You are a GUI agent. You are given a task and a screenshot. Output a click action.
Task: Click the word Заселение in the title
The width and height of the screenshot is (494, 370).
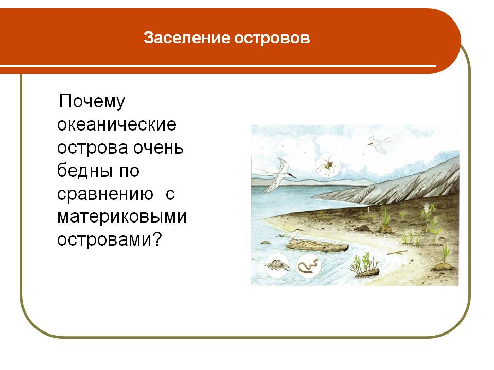tap(187, 38)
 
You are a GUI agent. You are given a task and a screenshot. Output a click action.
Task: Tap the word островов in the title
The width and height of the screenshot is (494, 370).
tap(272, 38)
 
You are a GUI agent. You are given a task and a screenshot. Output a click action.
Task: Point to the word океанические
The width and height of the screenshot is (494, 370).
tap(117, 124)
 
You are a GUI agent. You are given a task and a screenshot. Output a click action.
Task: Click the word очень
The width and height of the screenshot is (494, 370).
tap(158, 148)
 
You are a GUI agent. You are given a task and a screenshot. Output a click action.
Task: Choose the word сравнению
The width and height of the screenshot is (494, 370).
tap(105, 194)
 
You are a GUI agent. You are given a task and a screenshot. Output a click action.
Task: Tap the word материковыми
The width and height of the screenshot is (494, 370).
tap(122, 217)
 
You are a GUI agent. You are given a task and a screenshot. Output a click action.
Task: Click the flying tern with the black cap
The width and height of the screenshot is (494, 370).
tap(276, 175)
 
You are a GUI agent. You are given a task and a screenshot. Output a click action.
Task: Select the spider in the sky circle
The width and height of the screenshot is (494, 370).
tap(328, 165)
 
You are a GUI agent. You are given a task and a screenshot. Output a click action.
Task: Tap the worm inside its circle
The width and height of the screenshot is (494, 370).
tap(308, 265)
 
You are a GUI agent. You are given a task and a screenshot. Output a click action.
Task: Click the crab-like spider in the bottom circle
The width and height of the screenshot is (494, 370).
tap(277, 265)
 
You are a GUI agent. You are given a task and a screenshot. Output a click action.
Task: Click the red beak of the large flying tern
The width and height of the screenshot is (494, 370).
tap(292, 176)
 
